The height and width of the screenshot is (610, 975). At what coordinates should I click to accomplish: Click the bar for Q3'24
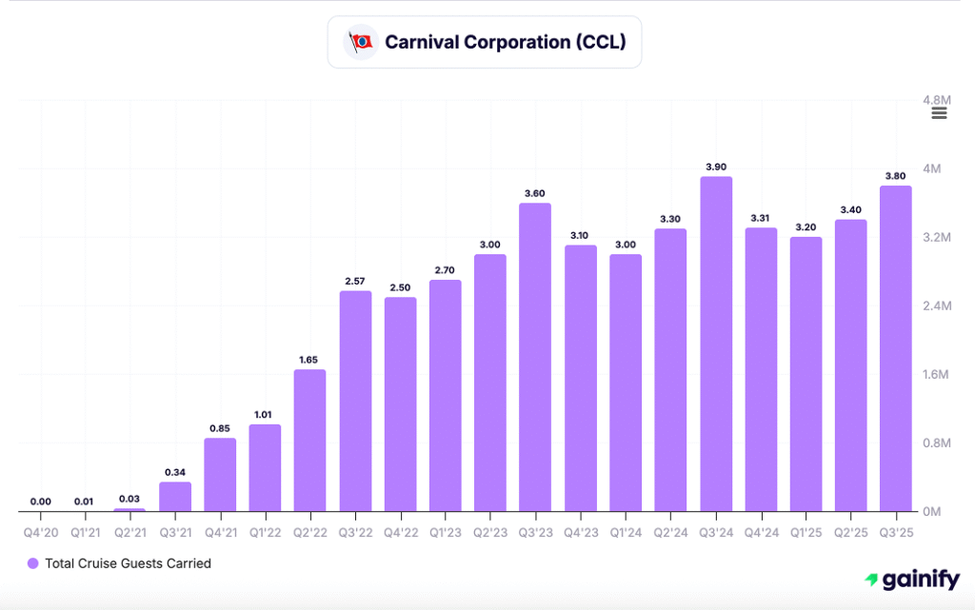[716, 344]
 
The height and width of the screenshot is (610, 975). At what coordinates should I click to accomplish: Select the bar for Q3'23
[536, 357]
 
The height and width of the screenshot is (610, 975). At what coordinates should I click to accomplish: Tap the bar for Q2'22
[309, 440]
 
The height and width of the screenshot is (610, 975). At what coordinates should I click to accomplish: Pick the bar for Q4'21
[220, 474]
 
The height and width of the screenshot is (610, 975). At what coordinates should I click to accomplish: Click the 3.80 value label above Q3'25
[896, 176]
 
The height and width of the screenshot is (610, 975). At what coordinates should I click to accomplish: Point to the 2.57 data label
[355, 281]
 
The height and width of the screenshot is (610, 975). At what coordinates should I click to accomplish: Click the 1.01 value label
[265, 414]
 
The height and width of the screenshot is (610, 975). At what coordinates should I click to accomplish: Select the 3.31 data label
[760, 218]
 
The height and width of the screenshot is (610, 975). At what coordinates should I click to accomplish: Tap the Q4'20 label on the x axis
[41, 531]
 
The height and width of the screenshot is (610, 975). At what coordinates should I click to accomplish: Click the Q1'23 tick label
[446, 531]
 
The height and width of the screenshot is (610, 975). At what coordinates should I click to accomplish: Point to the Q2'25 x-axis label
[850, 531]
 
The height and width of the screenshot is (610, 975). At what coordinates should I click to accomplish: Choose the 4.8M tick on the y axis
[938, 100]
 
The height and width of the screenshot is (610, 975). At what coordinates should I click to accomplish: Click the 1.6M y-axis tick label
[938, 374]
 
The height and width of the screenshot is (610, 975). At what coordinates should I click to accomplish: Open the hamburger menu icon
[939, 114]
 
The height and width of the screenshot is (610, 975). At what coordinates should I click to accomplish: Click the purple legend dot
[32, 563]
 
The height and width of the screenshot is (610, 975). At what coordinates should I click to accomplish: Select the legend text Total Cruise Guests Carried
[128, 563]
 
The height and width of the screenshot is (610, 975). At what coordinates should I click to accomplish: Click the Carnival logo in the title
[361, 42]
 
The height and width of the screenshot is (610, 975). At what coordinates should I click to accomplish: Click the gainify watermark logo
[912, 579]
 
